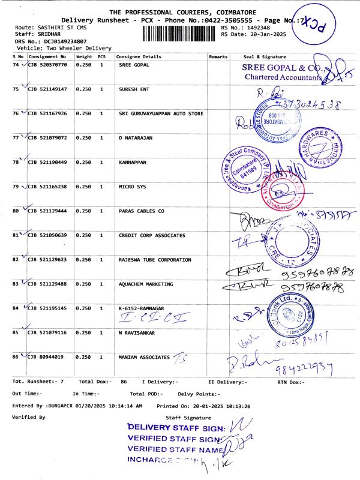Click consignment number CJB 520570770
pyautogui.click(x=47, y=65)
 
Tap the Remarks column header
pyautogui.click(x=218, y=56)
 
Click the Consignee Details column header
pyautogui.click(x=139, y=56)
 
